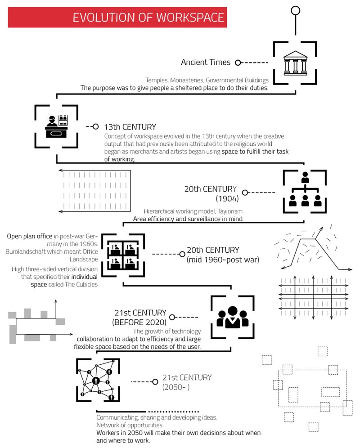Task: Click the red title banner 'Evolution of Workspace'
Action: coord(118,17)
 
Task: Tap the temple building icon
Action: coord(295,63)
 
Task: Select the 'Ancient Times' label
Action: coord(206,63)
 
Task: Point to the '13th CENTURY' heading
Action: coord(130,127)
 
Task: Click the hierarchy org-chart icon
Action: coord(305,191)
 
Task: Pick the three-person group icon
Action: coord(233,317)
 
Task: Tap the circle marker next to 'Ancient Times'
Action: coord(238,63)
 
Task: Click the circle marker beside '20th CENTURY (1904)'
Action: coord(245,193)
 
